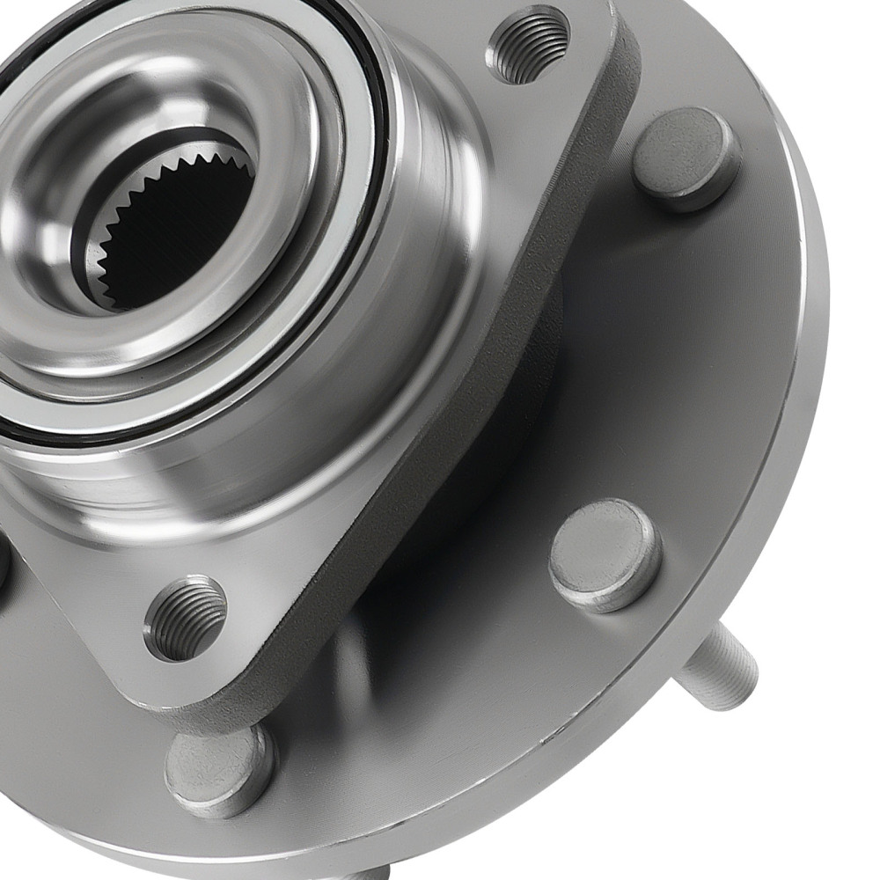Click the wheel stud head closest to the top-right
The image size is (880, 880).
(x=686, y=158)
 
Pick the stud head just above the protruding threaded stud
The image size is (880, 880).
(x=605, y=554)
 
